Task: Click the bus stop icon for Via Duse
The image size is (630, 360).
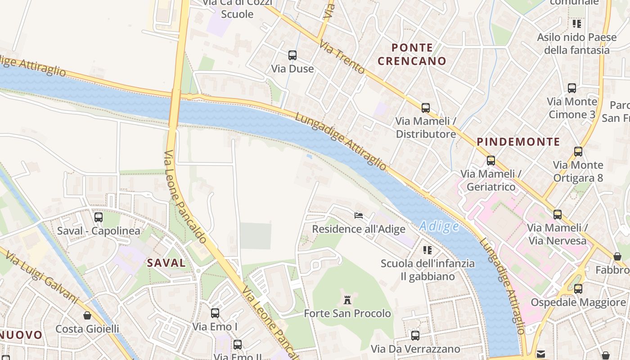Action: [292, 55]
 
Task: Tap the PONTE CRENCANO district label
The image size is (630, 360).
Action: [412, 54]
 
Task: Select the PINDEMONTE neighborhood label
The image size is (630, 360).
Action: [518, 142]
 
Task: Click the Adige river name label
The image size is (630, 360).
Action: [439, 226]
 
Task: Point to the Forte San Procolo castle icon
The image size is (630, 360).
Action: [347, 300]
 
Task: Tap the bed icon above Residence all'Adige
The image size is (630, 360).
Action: [359, 215]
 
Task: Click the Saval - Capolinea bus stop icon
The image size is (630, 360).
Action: [99, 217]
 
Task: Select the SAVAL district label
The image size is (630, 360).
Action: [166, 263]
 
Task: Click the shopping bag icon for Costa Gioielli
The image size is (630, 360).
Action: [87, 315]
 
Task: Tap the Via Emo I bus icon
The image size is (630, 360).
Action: [215, 313]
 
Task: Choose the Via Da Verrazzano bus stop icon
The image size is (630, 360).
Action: [415, 335]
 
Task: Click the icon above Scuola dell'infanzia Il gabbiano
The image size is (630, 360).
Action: [427, 249]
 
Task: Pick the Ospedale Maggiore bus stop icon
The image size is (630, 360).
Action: [578, 288]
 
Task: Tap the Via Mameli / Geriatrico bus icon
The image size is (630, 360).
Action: [491, 160]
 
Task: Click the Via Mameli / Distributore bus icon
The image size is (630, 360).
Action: [426, 108]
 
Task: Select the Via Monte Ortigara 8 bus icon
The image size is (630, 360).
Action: [578, 152]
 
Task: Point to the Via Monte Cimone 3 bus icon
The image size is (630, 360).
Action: [572, 88]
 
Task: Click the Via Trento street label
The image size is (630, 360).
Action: [342, 57]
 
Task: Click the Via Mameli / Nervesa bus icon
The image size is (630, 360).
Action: [558, 215]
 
